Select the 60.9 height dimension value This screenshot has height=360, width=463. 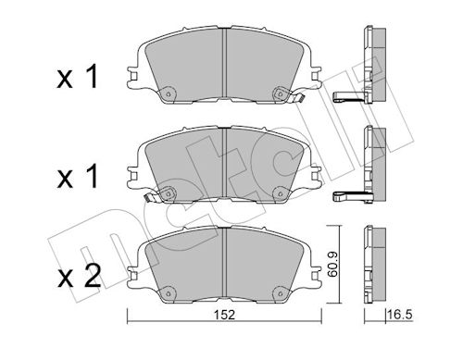click(x=332, y=265)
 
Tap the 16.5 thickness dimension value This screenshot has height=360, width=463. click(x=399, y=316)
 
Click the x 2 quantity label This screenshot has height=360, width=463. click(x=80, y=277)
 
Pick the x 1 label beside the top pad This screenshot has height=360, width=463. click(x=77, y=77)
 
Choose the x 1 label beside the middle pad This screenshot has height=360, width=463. click(x=78, y=177)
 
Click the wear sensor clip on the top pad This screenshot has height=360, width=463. click(x=297, y=98)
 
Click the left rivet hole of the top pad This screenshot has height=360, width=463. click(x=169, y=94)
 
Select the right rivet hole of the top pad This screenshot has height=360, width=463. click(x=280, y=93)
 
